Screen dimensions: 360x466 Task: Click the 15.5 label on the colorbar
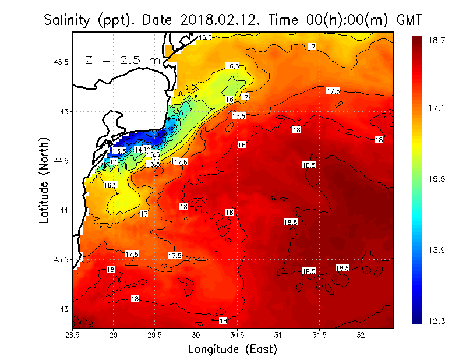pos(437,179)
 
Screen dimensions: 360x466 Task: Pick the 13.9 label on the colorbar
pos(437,250)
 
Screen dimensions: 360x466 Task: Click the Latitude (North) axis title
pos(44,180)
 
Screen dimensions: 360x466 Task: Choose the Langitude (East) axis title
pos(232,350)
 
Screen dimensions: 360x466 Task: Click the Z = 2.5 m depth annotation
pos(122,60)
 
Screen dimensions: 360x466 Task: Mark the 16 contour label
pos(230,100)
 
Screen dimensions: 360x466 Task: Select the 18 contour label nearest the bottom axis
pos(223,321)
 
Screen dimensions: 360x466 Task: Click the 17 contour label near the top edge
pos(312,47)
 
